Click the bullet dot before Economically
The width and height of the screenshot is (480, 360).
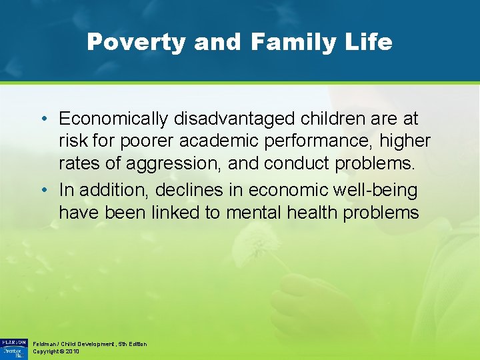coord(43,119)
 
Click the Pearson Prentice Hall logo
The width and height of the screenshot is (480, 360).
coord(13,347)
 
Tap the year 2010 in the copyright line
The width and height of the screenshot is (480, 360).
coord(72,351)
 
